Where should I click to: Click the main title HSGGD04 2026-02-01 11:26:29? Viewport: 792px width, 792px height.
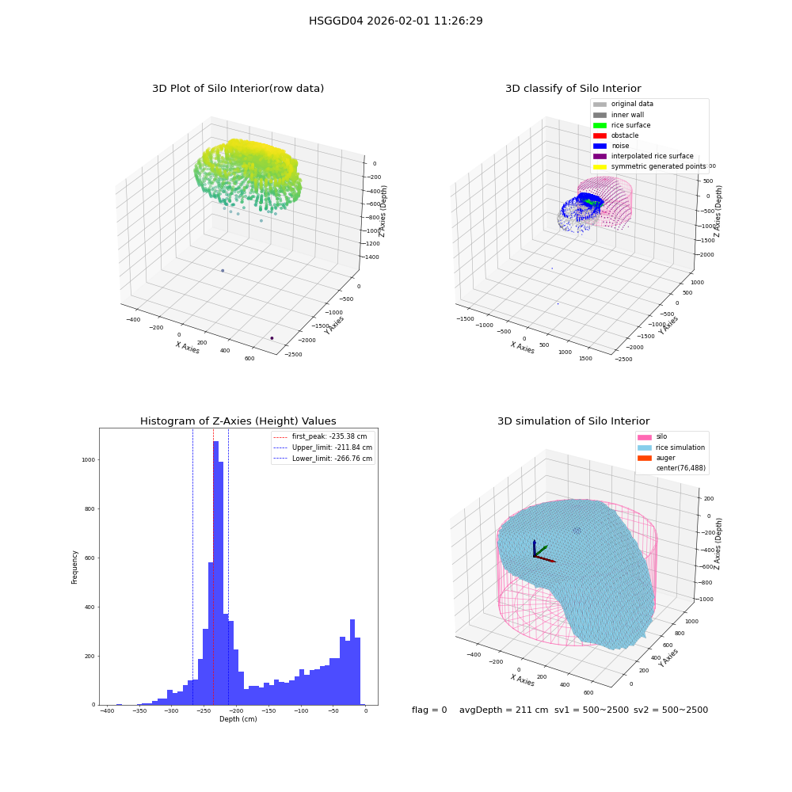(x=395, y=21)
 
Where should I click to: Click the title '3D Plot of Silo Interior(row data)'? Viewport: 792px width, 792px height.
(x=238, y=89)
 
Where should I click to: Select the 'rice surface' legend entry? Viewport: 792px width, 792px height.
(x=622, y=125)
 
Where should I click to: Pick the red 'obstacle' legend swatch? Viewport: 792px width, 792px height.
(x=600, y=136)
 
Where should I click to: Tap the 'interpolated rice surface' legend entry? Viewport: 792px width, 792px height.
(x=643, y=156)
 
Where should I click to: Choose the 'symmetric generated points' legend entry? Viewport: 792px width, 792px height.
(x=649, y=166)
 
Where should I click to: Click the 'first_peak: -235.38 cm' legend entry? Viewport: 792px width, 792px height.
(x=320, y=436)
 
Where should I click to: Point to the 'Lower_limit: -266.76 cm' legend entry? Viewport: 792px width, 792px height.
(x=323, y=459)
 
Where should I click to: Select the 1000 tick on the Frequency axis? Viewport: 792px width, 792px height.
(x=89, y=460)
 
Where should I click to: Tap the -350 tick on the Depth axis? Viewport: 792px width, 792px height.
(x=139, y=711)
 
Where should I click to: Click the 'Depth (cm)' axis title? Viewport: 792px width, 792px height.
(x=238, y=719)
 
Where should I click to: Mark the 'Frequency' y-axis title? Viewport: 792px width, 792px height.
(x=74, y=567)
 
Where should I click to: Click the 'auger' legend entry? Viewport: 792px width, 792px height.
(x=656, y=458)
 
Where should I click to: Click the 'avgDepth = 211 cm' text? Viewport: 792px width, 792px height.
(x=504, y=710)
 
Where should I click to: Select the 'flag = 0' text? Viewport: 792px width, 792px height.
(x=429, y=710)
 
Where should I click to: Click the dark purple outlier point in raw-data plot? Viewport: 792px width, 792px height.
(x=272, y=338)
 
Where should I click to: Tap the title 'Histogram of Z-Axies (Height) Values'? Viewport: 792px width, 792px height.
(x=238, y=421)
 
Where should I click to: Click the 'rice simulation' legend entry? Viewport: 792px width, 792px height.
(x=671, y=447)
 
